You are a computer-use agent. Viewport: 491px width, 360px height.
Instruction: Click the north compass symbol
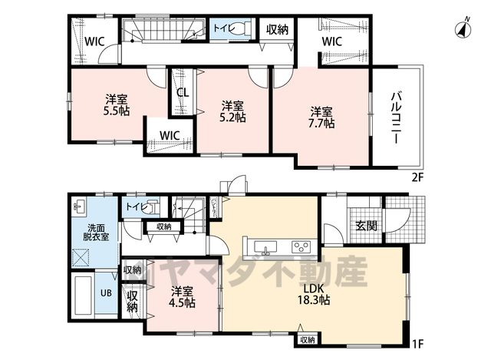(x=463, y=29)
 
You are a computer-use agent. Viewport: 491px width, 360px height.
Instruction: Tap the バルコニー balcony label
(x=397, y=117)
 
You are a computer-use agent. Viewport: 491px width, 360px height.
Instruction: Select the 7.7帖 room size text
(x=321, y=124)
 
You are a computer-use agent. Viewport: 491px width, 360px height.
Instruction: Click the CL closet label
(x=183, y=92)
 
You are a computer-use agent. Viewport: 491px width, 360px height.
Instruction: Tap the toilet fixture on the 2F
(x=242, y=28)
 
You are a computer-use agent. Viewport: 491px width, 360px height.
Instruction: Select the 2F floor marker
(x=417, y=177)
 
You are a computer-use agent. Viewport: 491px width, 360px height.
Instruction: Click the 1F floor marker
(x=417, y=344)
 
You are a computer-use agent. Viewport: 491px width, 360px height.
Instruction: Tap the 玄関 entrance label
(x=367, y=225)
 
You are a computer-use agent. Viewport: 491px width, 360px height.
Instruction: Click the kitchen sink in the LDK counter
(x=265, y=246)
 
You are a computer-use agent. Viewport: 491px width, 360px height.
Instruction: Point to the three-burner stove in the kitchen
(x=302, y=246)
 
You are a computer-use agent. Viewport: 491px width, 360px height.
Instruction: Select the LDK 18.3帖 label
(x=313, y=295)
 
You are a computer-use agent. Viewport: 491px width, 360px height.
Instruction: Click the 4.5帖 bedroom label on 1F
(x=183, y=297)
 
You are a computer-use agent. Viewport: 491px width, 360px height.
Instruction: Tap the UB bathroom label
(x=106, y=293)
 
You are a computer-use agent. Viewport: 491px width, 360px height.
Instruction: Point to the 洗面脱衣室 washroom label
(x=96, y=232)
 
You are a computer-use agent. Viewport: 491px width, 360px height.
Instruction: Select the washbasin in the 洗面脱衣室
(x=80, y=206)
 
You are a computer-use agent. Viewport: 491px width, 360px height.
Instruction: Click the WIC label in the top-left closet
(x=94, y=41)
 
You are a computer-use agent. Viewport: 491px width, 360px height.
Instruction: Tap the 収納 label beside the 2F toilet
(x=277, y=30)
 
